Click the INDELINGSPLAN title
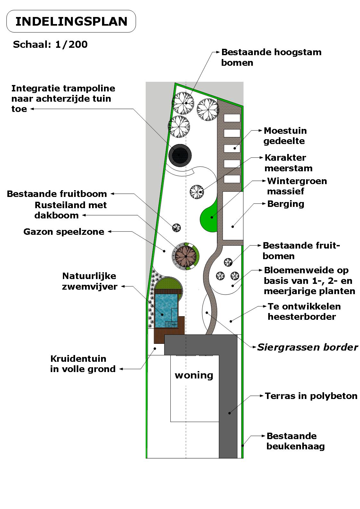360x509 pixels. coord(71,21)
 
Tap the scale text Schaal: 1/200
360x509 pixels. coord(50,44)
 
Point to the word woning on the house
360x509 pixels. coord(194,375)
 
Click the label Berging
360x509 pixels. coord(286,204)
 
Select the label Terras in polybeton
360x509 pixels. coord(311,396)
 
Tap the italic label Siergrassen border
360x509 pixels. coord(307,347)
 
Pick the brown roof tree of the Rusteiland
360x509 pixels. coord(186,256)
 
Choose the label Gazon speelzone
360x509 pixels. coord(64,232)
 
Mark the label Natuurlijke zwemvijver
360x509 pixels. coord(90,281)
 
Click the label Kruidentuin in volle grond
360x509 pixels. coord(83,364)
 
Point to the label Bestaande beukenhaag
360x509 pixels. coord(295,441)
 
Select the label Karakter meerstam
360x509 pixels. coord(288,163)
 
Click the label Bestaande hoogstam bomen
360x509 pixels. coord(271,57)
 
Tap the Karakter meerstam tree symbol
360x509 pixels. coord(196,192)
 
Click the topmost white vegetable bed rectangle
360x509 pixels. coord(232,118)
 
